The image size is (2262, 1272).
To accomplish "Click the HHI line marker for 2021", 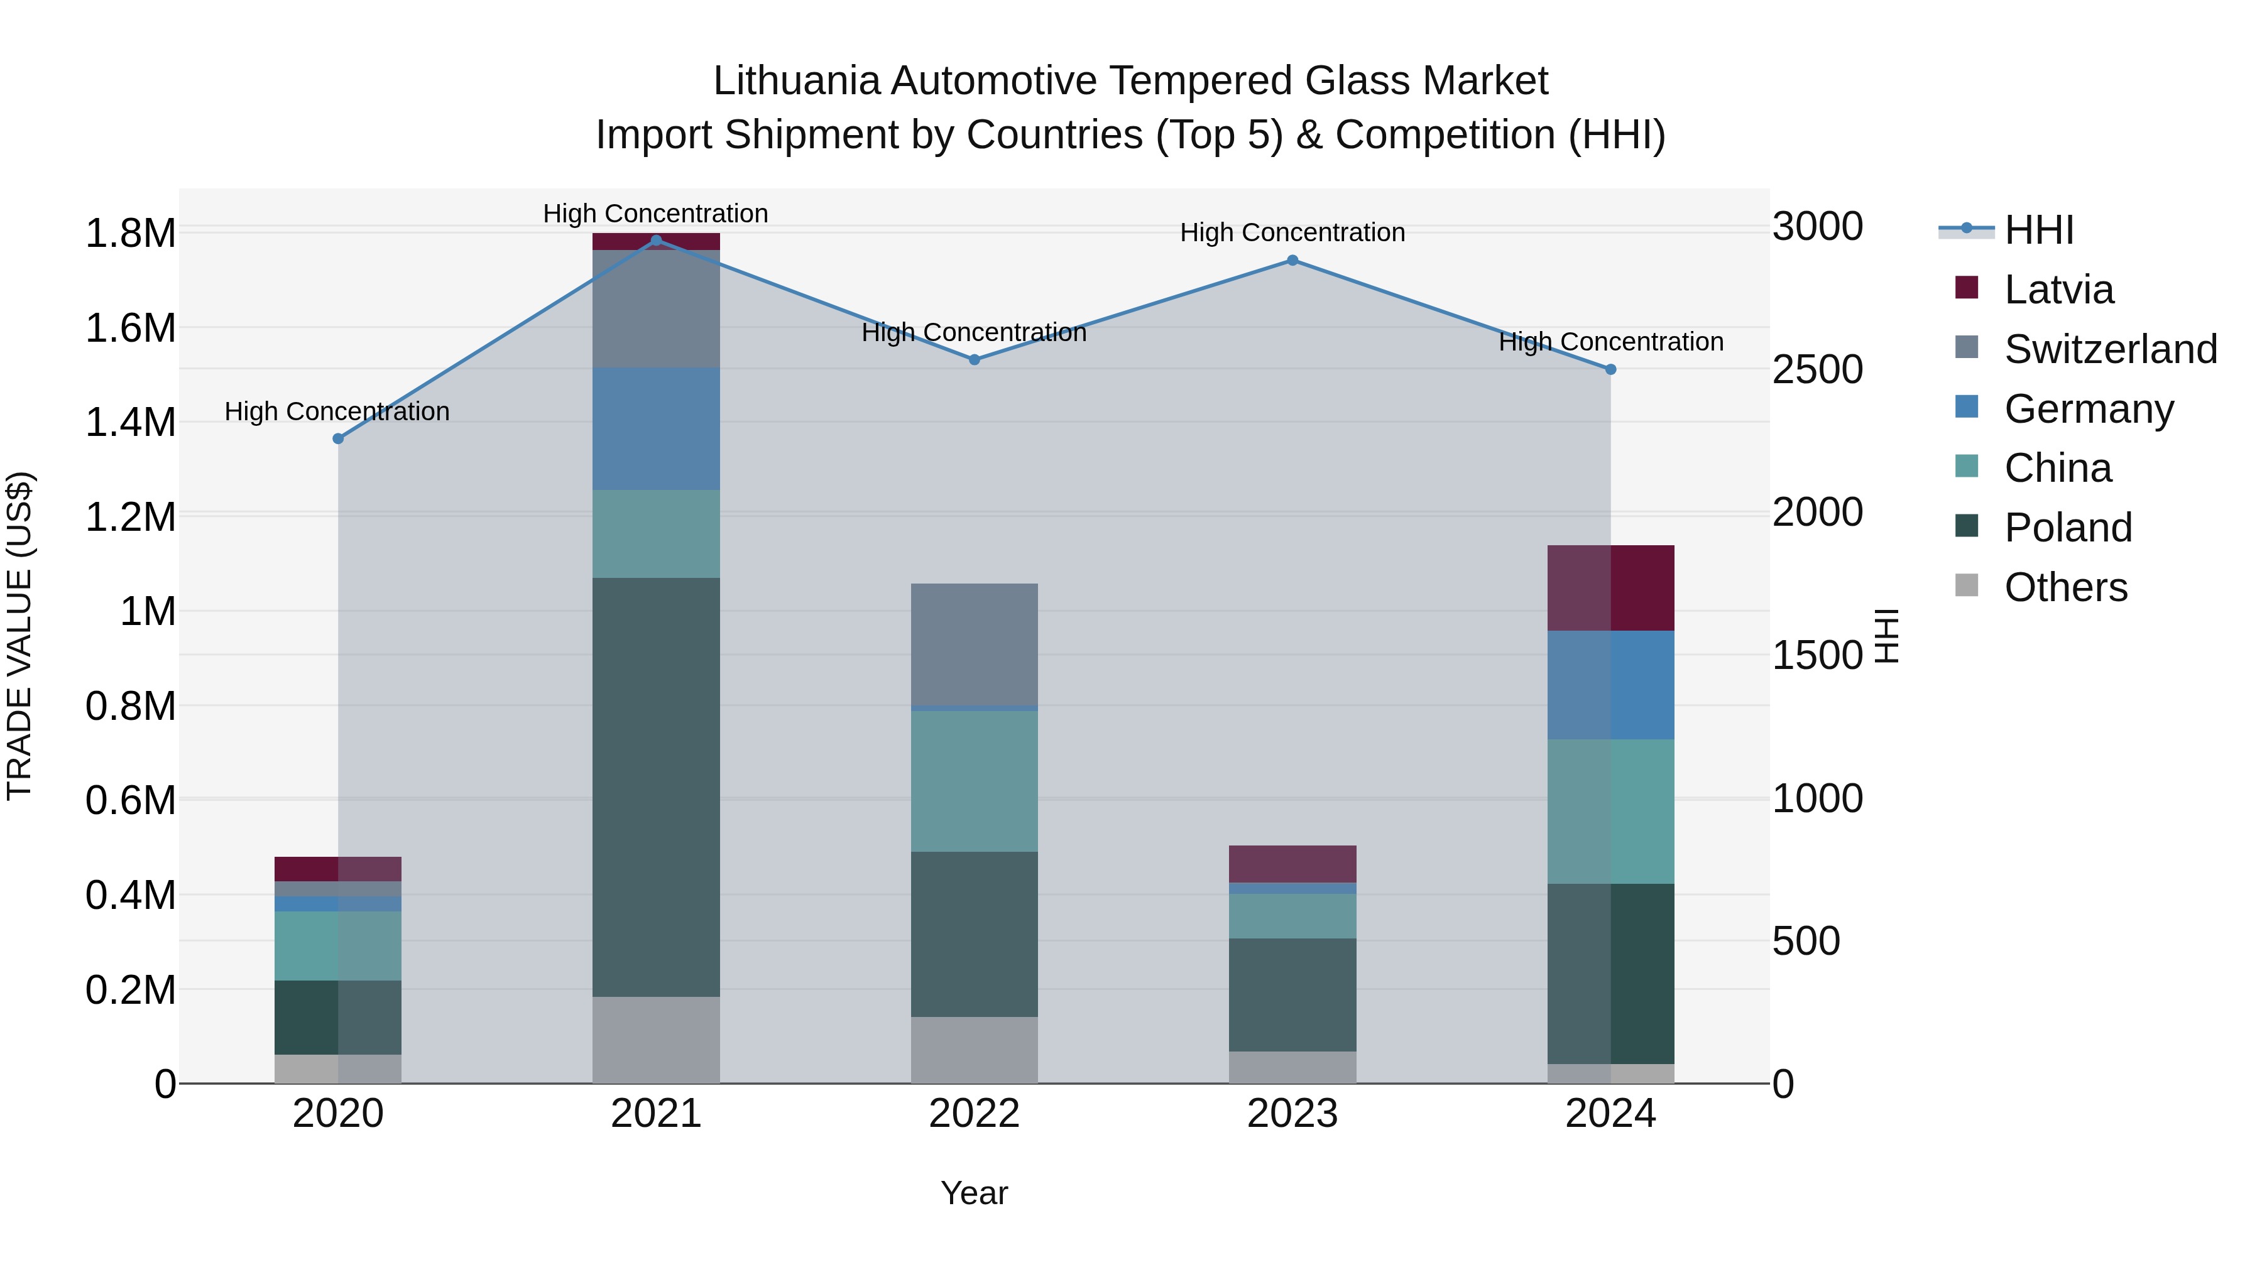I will pos(656,240).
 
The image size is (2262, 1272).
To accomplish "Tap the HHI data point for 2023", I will pos(1292,260).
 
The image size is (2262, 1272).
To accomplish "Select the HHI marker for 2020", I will pos(338,438).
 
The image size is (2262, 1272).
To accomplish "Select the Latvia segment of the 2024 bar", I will pos(1610,587).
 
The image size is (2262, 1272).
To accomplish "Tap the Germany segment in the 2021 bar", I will pos(656,428).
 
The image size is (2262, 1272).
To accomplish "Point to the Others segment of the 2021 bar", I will pos(656,1040).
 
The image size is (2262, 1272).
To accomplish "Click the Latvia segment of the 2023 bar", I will pos(1292,864).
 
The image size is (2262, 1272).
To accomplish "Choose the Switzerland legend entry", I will pos(2110,349).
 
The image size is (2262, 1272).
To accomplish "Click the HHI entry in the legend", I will pos(2039,230).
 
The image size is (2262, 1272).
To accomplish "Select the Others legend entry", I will pos(2065,587).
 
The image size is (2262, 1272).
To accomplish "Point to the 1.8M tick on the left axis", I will pos(130,234).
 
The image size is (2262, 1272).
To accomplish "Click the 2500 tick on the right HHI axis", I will pos(1817,369).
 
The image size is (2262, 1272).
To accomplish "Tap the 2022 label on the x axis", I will pos(974,1114).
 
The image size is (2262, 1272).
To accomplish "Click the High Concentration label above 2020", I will pos(337,411).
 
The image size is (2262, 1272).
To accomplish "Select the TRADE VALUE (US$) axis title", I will pos(19,636).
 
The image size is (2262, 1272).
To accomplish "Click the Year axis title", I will pos(974,1193).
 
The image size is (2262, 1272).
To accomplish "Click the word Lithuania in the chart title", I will pos(795,81).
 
